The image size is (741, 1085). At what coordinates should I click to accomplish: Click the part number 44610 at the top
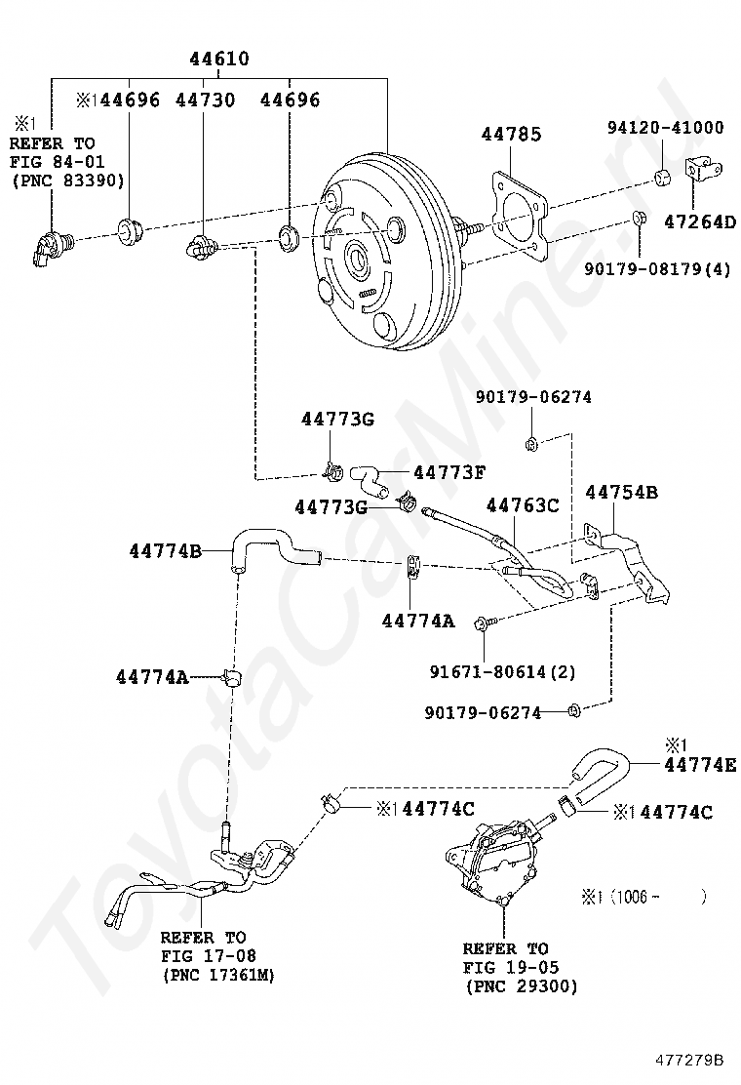coord(219,60)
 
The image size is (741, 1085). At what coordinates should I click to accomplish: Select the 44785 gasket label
coord(511,134)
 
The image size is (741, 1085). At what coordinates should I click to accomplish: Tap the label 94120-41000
coord(666,127)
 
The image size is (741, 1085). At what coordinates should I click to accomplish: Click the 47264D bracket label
coord(700,221)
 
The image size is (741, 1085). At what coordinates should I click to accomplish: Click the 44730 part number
coord(206,100)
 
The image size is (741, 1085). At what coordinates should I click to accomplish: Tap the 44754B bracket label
coord(621,492)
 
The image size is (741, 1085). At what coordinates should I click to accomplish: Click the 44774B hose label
coord(165,551)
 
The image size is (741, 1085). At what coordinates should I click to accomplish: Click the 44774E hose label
coord(700,766)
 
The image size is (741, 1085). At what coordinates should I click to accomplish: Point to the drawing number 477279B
coord(689,1059)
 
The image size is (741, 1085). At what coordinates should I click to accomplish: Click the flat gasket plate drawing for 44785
coord(518,215)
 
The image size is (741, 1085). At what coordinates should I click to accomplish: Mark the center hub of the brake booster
coord(356,261)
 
